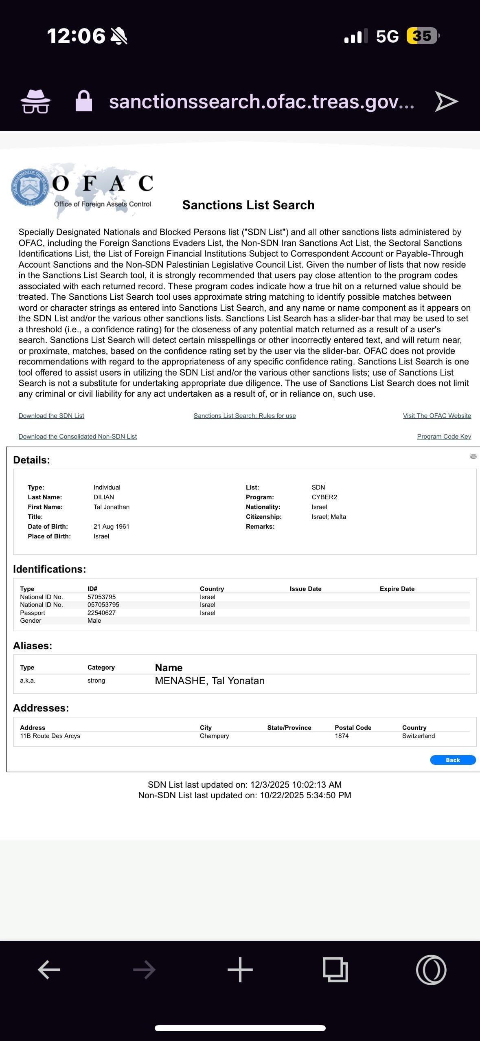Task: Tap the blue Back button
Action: coord(453,760)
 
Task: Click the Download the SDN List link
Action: coord(51,416)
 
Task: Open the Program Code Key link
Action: coord(444,437)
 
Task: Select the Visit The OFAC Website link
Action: coord(437,416)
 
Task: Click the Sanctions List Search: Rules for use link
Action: coord(245,416)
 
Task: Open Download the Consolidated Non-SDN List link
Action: coord(78,437)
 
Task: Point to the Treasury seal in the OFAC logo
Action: coord(29,187)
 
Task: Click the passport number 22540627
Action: coord(101,613)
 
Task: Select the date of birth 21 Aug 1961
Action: coord(111,527)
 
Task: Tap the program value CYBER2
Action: coord(324,497)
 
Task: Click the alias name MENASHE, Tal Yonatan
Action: coord(210,681)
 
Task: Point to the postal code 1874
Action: coord(342,736)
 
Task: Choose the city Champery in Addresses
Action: coord(214,736)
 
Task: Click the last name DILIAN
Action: coord(104,497)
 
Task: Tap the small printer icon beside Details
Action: coord(473,457)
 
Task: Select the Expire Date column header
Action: coord(397,589)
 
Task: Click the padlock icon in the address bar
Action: coord(84,101)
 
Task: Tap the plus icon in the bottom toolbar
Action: coord(240,970)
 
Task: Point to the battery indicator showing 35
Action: coord(423,36)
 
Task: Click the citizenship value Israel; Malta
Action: coord(329,517)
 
